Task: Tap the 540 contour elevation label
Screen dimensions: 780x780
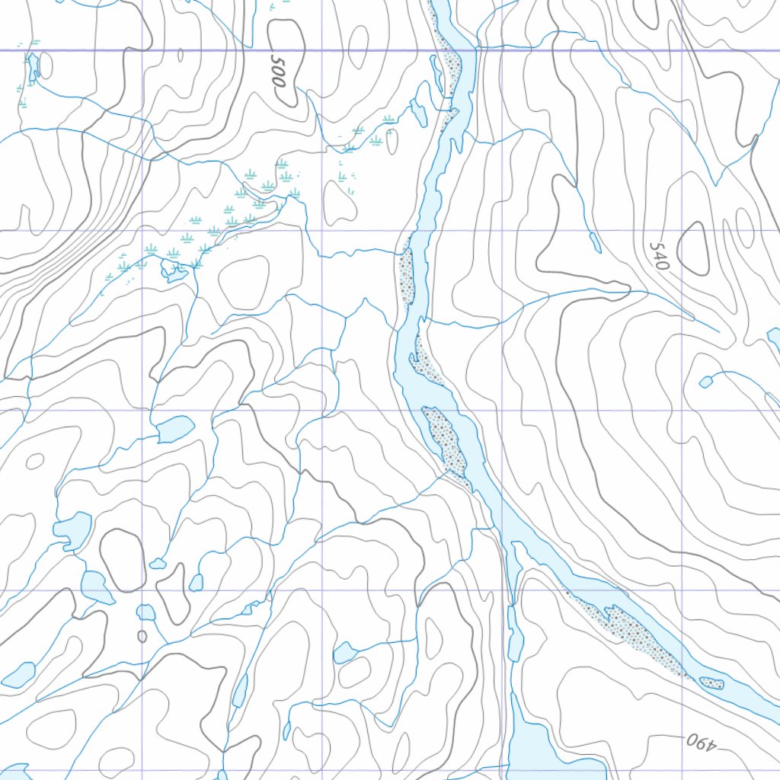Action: (660, 256)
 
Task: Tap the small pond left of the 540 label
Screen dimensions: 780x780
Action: (595, 242)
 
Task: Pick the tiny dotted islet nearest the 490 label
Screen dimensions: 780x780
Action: (711, 682)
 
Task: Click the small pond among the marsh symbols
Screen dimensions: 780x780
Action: (174, 270)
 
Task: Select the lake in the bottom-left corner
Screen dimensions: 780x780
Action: (18, 674)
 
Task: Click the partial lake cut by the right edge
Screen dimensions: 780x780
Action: (774, 336)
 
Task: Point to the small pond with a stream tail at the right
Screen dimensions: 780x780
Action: (705, 381)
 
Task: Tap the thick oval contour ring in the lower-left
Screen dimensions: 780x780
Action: (122, 560)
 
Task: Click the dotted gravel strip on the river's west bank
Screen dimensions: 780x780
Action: (406, 274)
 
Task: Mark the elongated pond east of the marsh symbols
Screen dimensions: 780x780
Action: (419, 110)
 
